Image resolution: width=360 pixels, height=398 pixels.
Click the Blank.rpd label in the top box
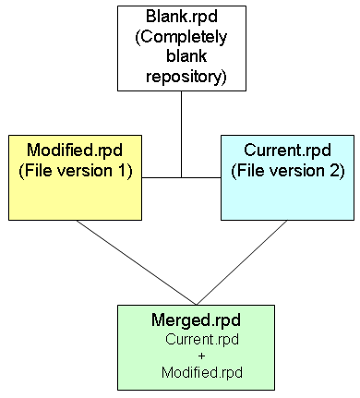(183, 18)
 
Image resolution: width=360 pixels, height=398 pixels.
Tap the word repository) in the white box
(186, 78)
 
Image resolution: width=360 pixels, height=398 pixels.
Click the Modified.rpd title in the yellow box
(75, 151)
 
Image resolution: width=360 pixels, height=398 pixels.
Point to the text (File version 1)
(76, 171)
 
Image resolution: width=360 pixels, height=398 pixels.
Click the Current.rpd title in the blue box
(287, 151)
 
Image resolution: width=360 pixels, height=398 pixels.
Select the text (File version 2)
(287, 171)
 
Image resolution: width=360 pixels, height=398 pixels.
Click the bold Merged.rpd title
(196, 320)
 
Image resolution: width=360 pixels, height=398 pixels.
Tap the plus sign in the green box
(196, 355)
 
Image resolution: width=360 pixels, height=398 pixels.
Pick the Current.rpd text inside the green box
(196, 339)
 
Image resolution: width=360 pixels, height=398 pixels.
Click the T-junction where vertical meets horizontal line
(182, 177)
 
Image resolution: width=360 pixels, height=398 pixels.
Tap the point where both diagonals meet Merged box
(196, 303)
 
